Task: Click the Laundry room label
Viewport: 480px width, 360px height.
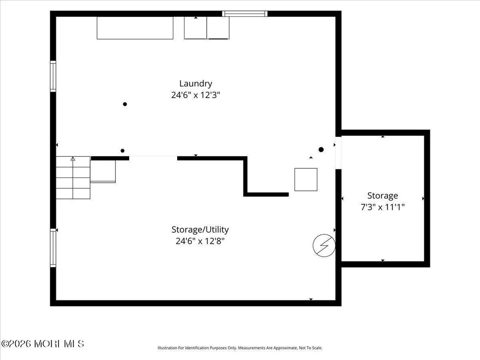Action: [196, 84]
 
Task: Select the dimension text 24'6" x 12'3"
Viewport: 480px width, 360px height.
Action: [196, 95]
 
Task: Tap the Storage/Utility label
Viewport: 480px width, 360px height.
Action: [200, 230]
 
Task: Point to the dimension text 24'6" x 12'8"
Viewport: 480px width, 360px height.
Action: [200, 241]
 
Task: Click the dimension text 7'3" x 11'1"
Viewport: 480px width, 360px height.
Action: [383, 207]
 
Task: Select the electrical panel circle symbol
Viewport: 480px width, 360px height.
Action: [324, 246]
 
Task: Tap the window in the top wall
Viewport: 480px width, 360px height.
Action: [245, 14]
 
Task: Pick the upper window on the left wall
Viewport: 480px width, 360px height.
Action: [53, 76]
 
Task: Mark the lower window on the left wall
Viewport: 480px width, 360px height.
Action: [53, 248]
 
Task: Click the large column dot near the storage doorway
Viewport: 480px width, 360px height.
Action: [321, 150]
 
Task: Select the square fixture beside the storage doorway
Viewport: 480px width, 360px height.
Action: [306, 180]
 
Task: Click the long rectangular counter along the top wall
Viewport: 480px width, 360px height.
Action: [135, 28]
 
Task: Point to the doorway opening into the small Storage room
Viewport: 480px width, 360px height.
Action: [338, 153]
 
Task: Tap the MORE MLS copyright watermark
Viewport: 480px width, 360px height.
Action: [42, 344]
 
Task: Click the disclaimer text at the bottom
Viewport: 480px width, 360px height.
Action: [240, 348]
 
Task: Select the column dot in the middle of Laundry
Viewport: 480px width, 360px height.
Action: [125, 104]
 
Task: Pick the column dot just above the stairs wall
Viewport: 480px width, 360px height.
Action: [123, 151]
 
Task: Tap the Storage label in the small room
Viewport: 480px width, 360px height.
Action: [383, 196]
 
